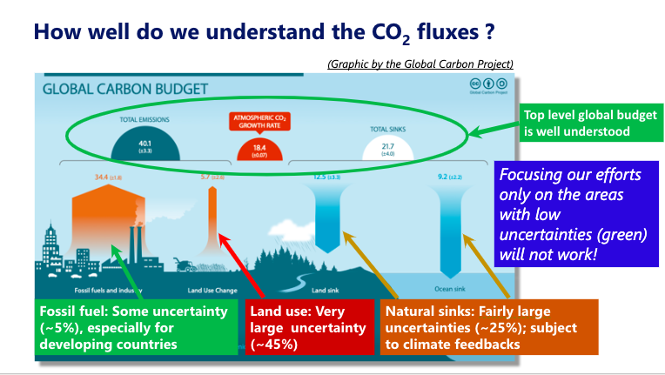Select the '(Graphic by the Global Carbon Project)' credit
point(420,64)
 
